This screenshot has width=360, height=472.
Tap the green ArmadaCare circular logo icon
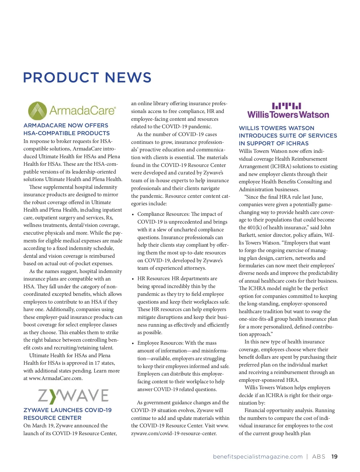[37, 111]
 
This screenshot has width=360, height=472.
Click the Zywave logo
[73, 396]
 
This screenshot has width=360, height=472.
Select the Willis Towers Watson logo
[288, 111]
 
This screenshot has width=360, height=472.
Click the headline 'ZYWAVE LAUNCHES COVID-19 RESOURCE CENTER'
[67, 414]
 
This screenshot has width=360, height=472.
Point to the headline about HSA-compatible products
[67, 129]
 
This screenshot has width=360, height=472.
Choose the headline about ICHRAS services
[288, 136]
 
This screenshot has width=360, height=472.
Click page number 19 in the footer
[334, 457]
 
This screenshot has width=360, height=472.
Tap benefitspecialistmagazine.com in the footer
[258, 457]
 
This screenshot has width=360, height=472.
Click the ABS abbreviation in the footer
[319, 457]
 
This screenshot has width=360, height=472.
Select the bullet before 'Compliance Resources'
[133, 215]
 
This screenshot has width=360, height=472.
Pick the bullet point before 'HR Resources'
[133, 279]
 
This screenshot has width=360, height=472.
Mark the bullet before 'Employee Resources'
[133, 343]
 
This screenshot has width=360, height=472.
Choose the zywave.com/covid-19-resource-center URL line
[174, 433]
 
